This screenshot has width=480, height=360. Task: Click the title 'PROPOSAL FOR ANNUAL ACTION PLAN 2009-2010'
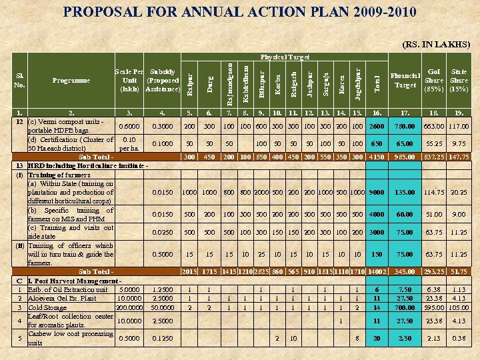point(239,12)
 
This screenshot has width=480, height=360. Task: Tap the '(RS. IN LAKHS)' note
point(436,45)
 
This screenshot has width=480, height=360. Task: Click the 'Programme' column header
point(71,81)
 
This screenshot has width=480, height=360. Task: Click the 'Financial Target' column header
point(405,81)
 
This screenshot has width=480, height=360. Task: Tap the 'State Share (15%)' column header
point(459,81)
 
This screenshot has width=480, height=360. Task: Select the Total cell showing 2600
point(376,127)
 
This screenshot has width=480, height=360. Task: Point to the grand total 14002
point(376,272)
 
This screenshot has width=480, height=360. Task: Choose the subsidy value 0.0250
point(163,233)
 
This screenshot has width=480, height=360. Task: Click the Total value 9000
point(376,193)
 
